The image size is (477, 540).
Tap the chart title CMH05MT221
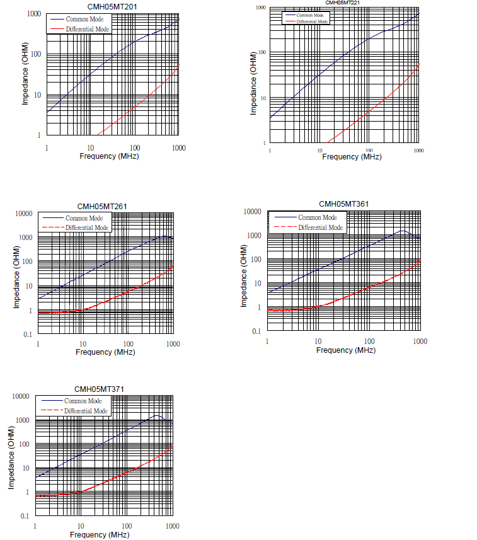(343, 3)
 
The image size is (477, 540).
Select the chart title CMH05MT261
(103, 206)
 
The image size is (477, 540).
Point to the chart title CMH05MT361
(344, 204)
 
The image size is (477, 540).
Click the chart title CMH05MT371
(100, 389)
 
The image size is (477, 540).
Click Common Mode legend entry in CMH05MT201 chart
(84, 20)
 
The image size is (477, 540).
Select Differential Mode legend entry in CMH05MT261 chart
(83, 227)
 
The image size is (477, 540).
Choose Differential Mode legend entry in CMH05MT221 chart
(313, 21)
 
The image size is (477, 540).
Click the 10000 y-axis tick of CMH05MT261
(24, 214)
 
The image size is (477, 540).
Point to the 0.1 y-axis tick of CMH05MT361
(256, 331)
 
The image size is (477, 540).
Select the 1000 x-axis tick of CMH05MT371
(171, 526)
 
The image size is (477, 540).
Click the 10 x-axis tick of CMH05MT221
(320, 151)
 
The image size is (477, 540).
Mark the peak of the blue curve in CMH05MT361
(403, 231)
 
